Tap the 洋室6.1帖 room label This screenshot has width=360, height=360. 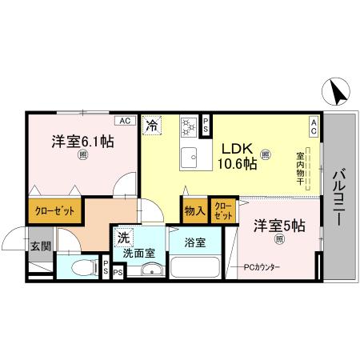coord(83,142)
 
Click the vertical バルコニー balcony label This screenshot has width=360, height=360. coord(338,197)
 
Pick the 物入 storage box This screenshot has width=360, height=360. coord(194,211)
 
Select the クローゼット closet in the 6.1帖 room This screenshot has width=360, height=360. coord(54,211)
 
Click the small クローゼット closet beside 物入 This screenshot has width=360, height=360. coord(224,211)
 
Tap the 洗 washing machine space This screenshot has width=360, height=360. coord(123,237)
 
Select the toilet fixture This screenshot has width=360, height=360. coord(80,267)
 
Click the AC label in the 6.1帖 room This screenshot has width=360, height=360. coord(124,120)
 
